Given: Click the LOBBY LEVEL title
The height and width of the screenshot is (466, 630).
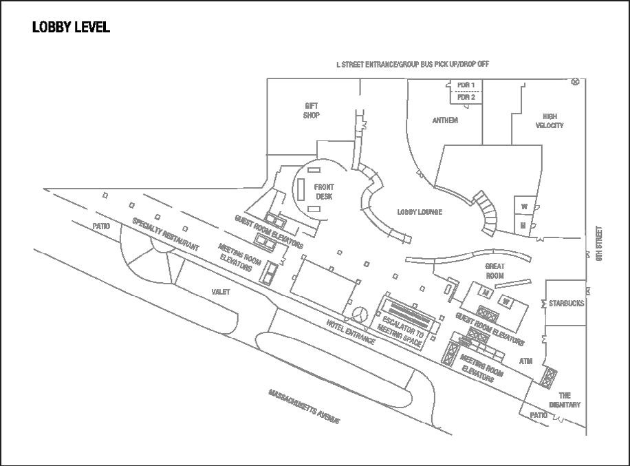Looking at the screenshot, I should click(71, 28).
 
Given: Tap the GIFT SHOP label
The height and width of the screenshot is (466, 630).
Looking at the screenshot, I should click(312, 111).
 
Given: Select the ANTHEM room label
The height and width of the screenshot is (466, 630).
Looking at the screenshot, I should click(445, 120).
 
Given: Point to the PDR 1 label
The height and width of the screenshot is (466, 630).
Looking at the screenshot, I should click(466, 85).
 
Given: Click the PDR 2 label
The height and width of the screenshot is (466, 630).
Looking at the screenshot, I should click(466, 97).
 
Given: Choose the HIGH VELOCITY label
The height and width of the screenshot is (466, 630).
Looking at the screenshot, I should click(550, 121).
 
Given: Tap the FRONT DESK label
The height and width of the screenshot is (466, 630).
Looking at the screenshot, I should click(324, 191).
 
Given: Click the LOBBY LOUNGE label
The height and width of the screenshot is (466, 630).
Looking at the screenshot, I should click(420, 212).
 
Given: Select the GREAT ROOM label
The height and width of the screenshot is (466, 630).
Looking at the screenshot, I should click(495, 271).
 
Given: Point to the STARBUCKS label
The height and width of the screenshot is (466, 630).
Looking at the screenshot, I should click(567, 302).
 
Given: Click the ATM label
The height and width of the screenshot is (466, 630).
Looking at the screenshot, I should click(526, 361).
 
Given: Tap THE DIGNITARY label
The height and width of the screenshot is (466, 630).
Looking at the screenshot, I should click(565, 400).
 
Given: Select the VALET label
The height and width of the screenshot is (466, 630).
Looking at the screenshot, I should click(221, 292).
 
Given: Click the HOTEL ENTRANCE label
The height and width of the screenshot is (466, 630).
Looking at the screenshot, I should click(351, 332).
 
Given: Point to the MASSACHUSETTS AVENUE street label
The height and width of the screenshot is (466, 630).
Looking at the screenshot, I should click(304, 406).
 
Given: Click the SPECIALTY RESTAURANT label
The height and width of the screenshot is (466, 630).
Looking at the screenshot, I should click(166, 235).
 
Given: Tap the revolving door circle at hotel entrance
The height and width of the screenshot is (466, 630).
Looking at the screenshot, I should click(359, 314).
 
